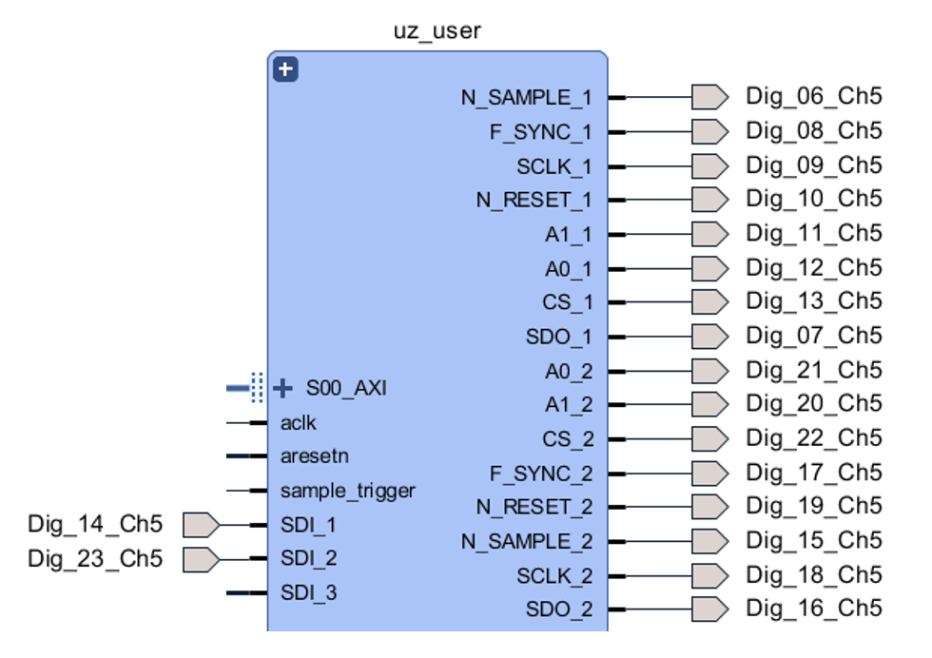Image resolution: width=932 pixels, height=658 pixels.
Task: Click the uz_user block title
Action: pos(437,30)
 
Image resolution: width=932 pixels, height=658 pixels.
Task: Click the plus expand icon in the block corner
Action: pos(285,69)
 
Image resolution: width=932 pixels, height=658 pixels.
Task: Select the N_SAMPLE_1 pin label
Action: pos(526,97)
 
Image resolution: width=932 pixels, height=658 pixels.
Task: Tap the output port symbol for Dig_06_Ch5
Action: pos(709,97)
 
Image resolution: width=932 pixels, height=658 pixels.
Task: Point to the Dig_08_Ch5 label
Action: pos(813,130)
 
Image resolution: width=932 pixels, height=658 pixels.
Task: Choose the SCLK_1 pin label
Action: pos(553,166)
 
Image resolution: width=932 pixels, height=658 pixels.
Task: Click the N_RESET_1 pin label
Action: pos(534,201)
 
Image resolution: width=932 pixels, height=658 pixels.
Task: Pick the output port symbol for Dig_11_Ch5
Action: pos(709,234)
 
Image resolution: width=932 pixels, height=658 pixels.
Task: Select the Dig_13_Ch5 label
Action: pos(813,301)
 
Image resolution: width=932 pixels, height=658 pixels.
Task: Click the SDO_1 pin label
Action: pos(558,337)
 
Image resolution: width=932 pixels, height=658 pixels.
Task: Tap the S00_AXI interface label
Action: pos(346,388)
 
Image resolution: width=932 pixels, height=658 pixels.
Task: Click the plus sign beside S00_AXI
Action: pos(282,388)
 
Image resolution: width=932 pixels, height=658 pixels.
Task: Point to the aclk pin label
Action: pos(299,422)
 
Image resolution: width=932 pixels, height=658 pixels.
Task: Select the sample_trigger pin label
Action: pos(348,491)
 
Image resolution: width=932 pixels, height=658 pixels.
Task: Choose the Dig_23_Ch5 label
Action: pos(95,558)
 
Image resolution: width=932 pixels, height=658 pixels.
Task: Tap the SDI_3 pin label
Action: pos(308,592)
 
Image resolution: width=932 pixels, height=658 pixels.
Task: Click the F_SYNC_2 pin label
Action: pos(540,474)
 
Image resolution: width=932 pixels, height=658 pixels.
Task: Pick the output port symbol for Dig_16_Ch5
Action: pos(709,609)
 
